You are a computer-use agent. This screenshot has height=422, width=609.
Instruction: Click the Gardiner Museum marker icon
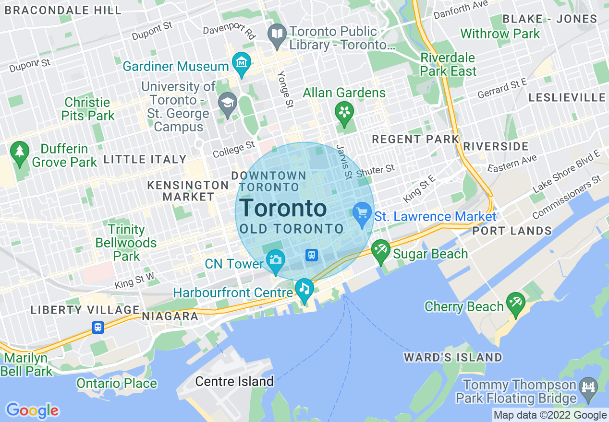(242, 63)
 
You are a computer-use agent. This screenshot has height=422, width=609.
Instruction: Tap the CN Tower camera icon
(276, 260)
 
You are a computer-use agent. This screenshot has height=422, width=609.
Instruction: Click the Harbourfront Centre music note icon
(304, 289)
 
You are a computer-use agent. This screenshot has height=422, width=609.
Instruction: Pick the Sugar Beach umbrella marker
(381, 250)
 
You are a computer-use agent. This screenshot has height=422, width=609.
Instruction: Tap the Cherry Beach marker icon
(516, 303)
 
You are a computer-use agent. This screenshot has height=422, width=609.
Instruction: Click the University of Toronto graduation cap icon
(227, 103)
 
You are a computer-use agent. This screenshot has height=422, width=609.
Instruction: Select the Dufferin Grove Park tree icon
(20, 152)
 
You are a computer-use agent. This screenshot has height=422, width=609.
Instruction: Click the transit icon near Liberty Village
(98, 328)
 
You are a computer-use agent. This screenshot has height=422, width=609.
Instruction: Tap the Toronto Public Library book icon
(278, 34)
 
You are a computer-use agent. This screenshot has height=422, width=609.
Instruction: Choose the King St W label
(134, 281)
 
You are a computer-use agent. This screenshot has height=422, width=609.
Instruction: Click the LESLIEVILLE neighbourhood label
(567, 98)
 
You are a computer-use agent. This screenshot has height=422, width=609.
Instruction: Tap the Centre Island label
(234, 382)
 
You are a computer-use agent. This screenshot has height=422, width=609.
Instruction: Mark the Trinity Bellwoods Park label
(126, 243)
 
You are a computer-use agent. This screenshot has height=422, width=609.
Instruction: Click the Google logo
(32, 410)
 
